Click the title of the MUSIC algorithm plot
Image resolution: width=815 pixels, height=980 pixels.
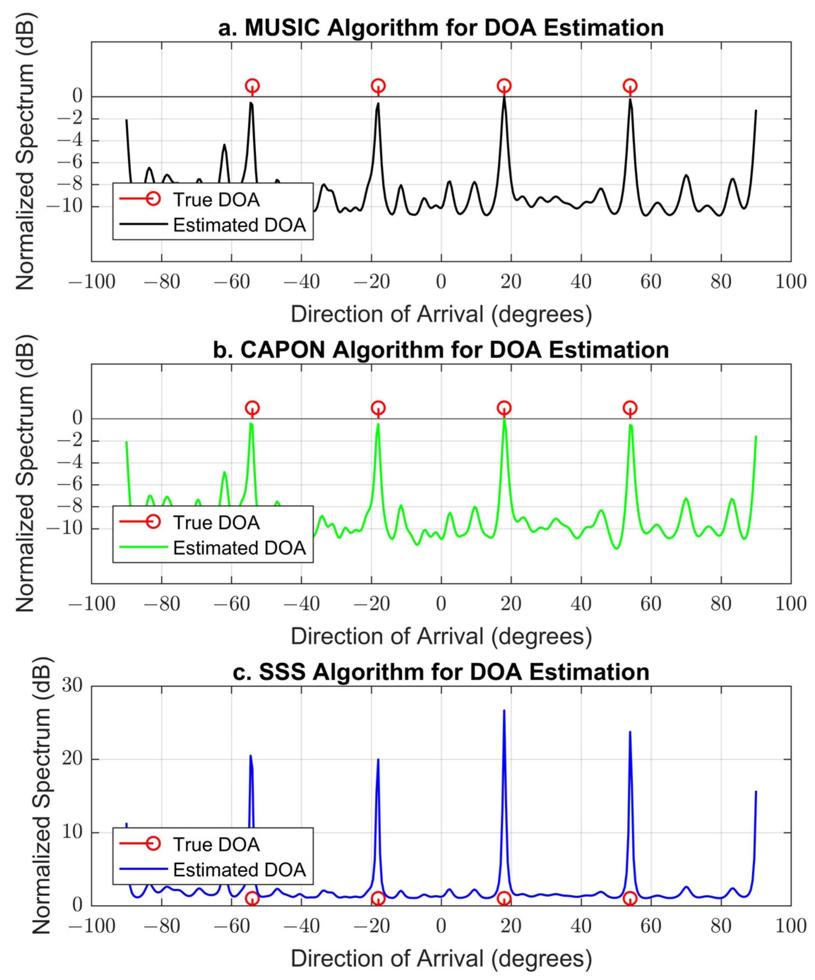441,28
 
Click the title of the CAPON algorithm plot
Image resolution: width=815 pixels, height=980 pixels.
441,350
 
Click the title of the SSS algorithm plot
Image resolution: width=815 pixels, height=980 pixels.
441,672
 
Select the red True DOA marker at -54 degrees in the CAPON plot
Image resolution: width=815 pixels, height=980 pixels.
252,408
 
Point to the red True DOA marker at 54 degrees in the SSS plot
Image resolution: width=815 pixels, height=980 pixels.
630,898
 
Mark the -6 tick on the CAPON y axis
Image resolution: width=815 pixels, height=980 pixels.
69,485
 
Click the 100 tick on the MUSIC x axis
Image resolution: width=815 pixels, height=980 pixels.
791,282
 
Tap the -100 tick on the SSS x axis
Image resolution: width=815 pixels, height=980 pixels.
92,926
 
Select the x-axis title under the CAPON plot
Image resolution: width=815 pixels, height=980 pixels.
441,636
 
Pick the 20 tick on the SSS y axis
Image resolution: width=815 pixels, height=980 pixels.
72,759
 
